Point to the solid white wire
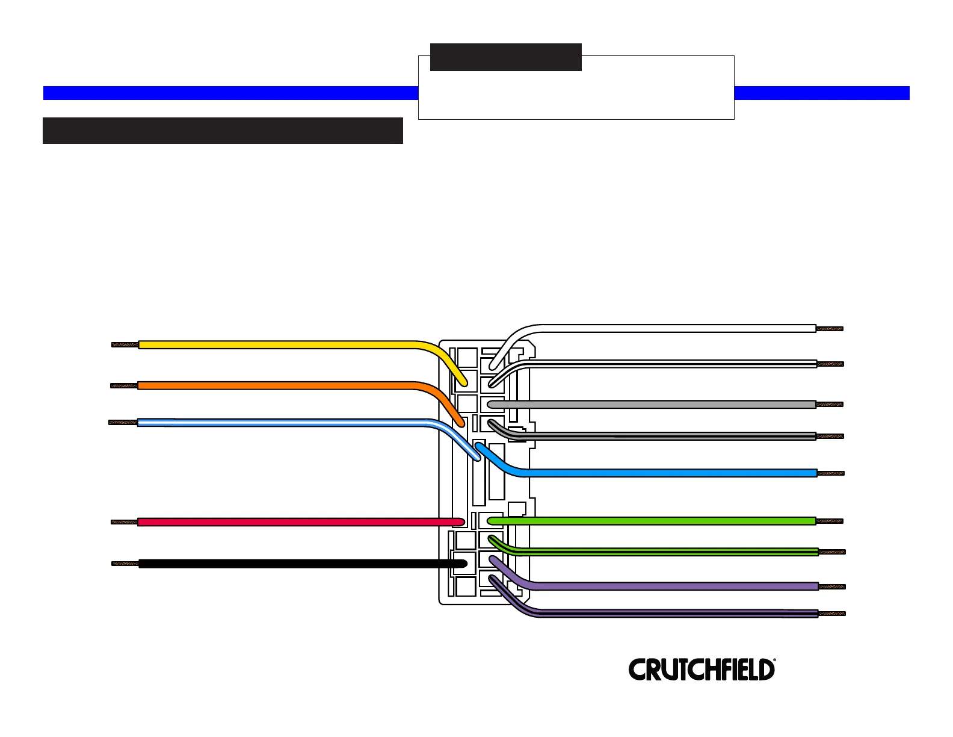tap(662, 329)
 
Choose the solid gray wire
tap(662, 405)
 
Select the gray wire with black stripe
tap(662, 436)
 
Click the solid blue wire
tap(662, 473)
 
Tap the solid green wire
tap(662, 521)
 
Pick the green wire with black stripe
tap(662, 552)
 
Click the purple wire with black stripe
tap(662, 614)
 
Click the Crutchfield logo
tap(702, 670)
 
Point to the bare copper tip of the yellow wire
tap(125, 345)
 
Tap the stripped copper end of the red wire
tap(125, 522)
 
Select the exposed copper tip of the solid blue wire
tap(830, 473)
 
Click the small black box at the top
tap(505, 57)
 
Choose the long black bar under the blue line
tap(223, 131)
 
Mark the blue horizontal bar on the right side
tap(822, 93)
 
